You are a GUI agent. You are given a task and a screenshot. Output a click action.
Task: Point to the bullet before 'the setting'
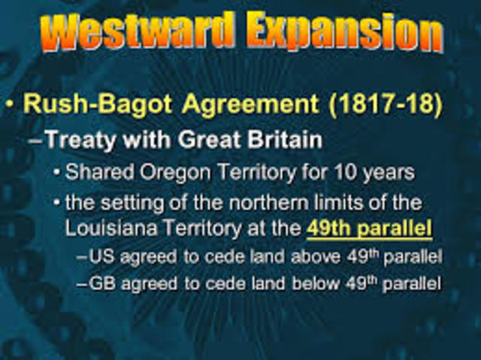pyautogui.click(x=57, y=204)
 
